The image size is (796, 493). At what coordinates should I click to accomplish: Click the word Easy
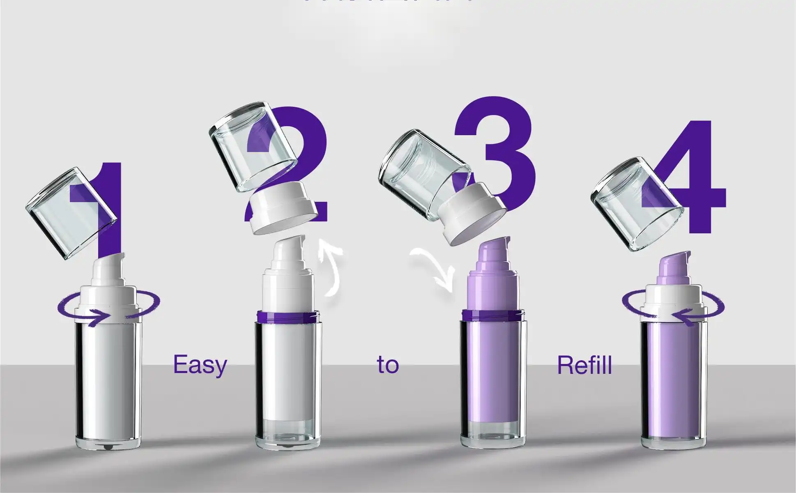[x=200, y=364]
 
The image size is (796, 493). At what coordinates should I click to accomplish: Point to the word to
[x=388, y=364]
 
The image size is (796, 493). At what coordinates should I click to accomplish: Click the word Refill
[x=584, y=364]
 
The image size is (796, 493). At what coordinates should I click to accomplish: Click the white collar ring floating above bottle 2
[x=283, y=210]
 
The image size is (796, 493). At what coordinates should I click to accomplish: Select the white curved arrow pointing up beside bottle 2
[x=334, y=267]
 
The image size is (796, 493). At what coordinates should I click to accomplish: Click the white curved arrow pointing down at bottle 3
[x=435, y=267]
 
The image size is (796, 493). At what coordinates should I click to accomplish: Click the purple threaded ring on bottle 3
[x=492, y=316]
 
